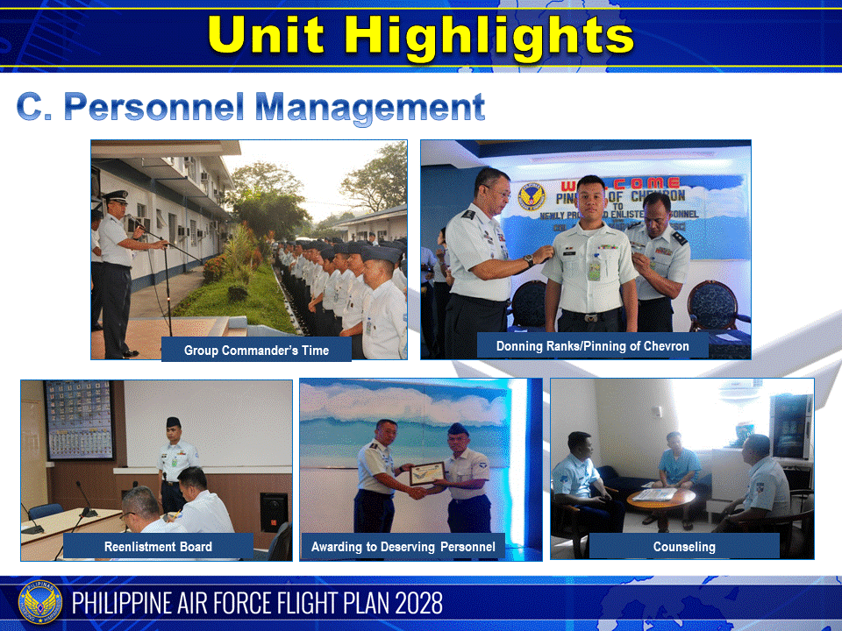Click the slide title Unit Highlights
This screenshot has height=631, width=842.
(x=421, y=36)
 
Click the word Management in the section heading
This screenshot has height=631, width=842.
(x=370, y=107)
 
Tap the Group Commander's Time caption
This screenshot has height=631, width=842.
(x=256, y=350)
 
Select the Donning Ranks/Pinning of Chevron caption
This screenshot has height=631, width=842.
(x=592, y=345)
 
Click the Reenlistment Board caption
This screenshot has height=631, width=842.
(x=158, y=547)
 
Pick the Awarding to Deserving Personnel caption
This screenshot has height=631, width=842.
(x=403, y=547)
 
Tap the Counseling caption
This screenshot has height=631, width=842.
(x=683, y=547)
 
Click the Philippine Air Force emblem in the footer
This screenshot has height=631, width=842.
(x=40, y=603)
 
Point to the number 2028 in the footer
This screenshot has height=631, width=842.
(x=411, y=603)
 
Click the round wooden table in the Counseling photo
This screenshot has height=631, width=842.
(x=660, y=497)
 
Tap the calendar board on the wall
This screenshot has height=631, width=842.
(x=79, y=419)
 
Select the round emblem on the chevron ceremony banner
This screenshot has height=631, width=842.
(x=532, y=197)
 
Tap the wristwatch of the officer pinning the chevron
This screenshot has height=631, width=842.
(x=529, y=259)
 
